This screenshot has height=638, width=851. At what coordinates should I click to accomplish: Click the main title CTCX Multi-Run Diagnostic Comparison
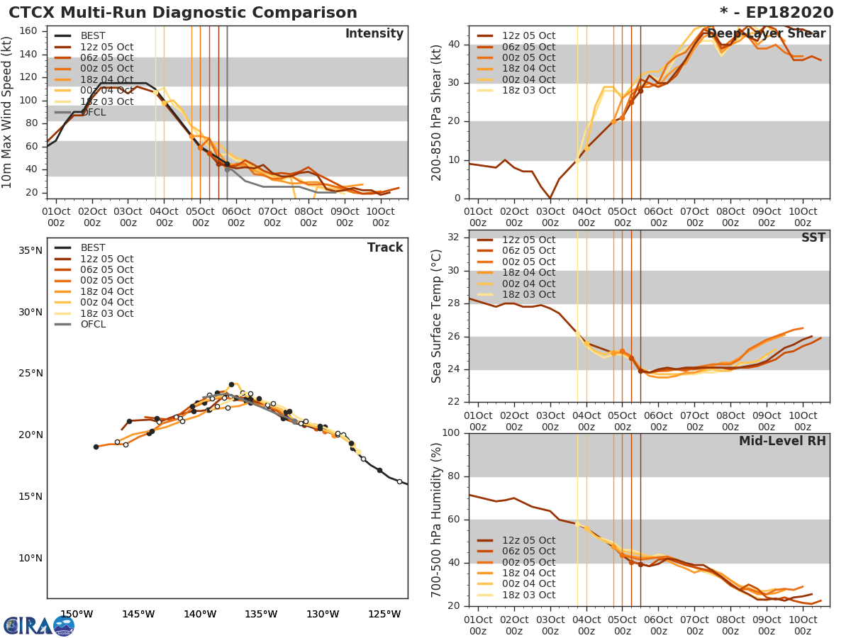[183, 13]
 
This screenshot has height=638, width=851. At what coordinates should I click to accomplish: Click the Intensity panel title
[374, 34]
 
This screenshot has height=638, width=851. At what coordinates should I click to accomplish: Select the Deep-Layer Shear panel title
[766, 34]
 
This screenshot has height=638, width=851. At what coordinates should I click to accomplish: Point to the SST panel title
[813, 238]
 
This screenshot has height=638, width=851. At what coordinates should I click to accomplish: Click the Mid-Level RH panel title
[782, 442]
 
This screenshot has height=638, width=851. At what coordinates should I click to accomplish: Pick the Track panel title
[385, 248]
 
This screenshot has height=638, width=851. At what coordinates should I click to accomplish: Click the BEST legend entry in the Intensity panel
[93, 36]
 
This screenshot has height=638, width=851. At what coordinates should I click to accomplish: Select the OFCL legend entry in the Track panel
[93, 325]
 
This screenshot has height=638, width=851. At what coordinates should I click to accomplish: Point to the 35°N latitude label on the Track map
[30, 250]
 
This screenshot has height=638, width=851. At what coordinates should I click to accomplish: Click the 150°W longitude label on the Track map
[76, 614]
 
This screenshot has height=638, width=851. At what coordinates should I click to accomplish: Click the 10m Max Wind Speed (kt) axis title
[8, 113]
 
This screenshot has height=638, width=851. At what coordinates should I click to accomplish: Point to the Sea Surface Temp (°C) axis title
[437, 317]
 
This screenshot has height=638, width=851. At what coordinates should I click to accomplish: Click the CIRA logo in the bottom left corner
[39, 625]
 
